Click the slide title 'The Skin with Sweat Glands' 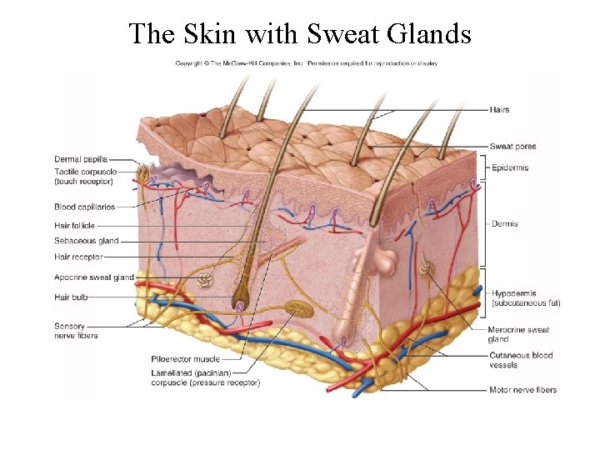tap(300, 33)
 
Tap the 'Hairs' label tap(499, 110)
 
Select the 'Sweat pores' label tap(512, 147)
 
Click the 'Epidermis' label tap(510, 168)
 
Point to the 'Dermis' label tap(505, 223)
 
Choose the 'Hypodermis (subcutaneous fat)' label tap(526, 298)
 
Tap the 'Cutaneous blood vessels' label tap(521, 360)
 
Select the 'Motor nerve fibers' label tap(522, 389)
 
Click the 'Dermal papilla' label tap(80, 159)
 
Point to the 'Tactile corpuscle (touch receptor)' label tap(84, 176)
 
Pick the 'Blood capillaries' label tap(84, 207)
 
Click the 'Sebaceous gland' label tap(86, 241)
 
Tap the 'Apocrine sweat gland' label tap(94, 277)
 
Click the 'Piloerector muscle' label tap(186, 360)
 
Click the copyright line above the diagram tap(306, 63)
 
